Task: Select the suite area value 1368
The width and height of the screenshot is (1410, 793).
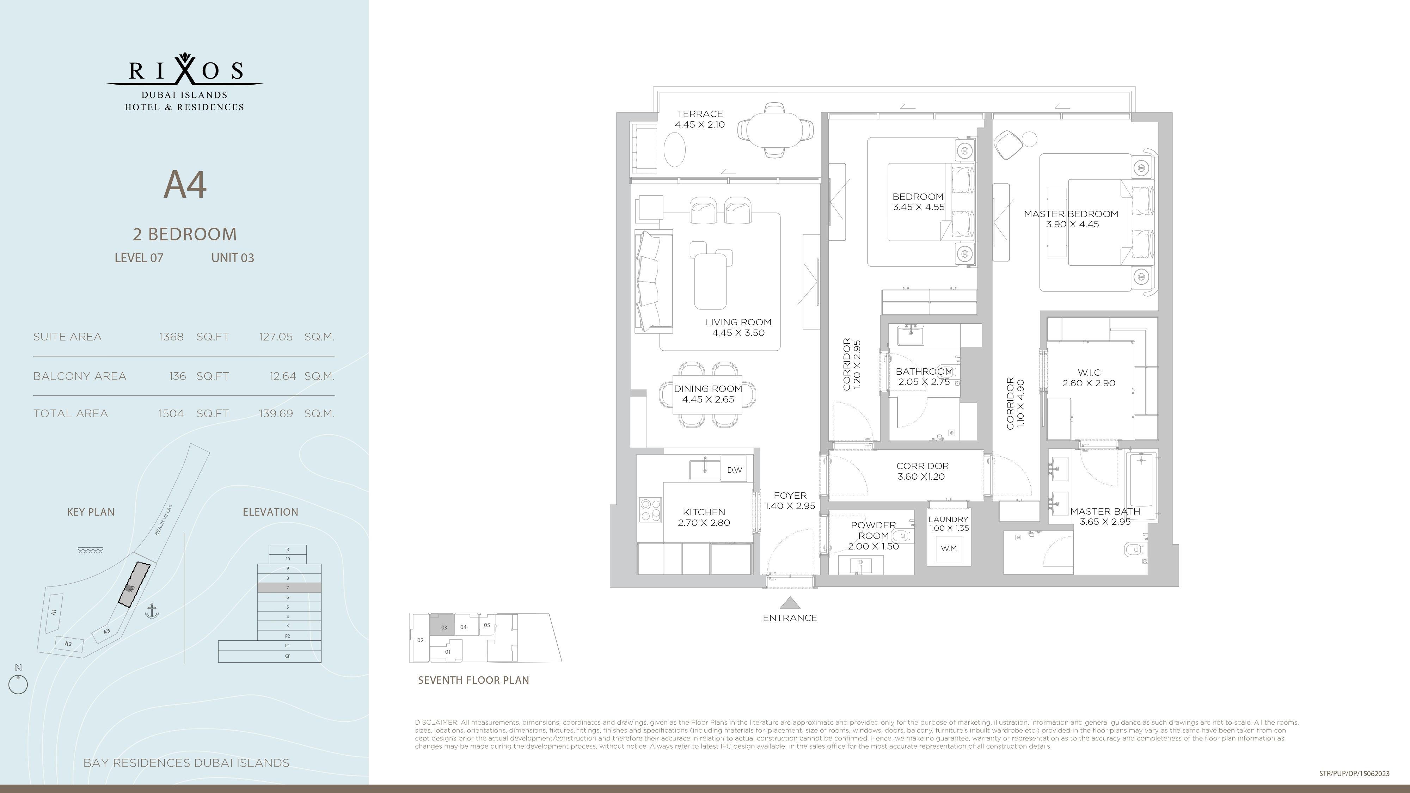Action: [x=171, y=337]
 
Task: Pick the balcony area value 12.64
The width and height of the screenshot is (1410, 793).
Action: [x=282, y=376]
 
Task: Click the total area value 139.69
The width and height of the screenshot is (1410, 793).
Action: [x=276, y=413]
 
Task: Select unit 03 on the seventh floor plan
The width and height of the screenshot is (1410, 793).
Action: [x=442, y=625]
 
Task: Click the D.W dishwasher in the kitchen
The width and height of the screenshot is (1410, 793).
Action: [x=734, y=469]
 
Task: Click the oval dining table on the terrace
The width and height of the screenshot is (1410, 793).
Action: [x=774, y=130]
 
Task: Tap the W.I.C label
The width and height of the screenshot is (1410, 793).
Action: [x=1089, y=373]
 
